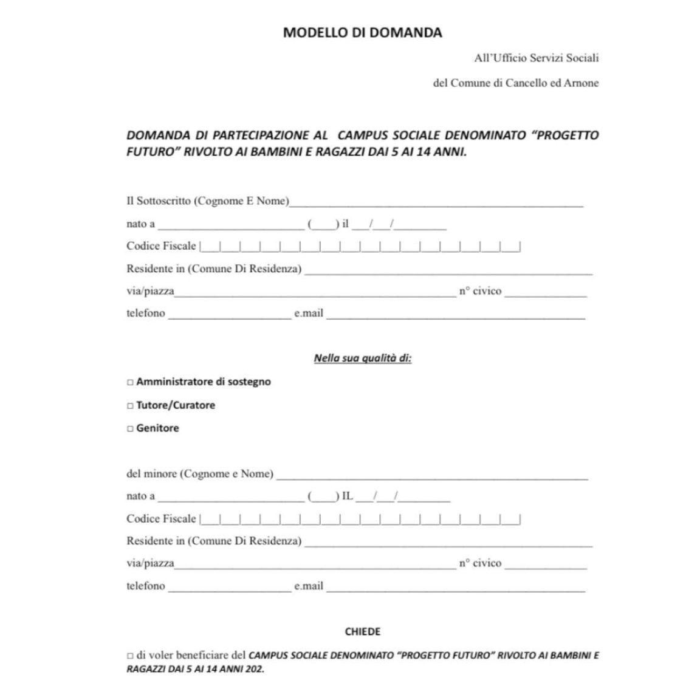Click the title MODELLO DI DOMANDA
(x=362, y=33)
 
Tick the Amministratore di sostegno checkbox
(x=130, y=382)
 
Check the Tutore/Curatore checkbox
(x=130, y=405)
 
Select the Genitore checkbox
(x=130, y=428)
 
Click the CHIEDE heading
(x=362, y=631)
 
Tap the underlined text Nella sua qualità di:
(x=362, y=358)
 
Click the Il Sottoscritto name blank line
(x=436, y=203)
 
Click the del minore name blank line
(x=431, y=476)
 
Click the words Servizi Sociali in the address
(x=564, y=58)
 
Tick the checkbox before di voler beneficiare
(x=130, y=656)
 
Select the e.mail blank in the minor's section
(x=456, y=588)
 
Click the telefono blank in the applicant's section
(x=230, y=315)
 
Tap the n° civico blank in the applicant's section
(x=546, y=293)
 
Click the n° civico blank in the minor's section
(x=546, y=565)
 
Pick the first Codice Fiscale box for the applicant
(x=210, y=247)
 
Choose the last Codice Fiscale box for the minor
(x=510, y=520)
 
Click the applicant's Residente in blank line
(x=448, y=270)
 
